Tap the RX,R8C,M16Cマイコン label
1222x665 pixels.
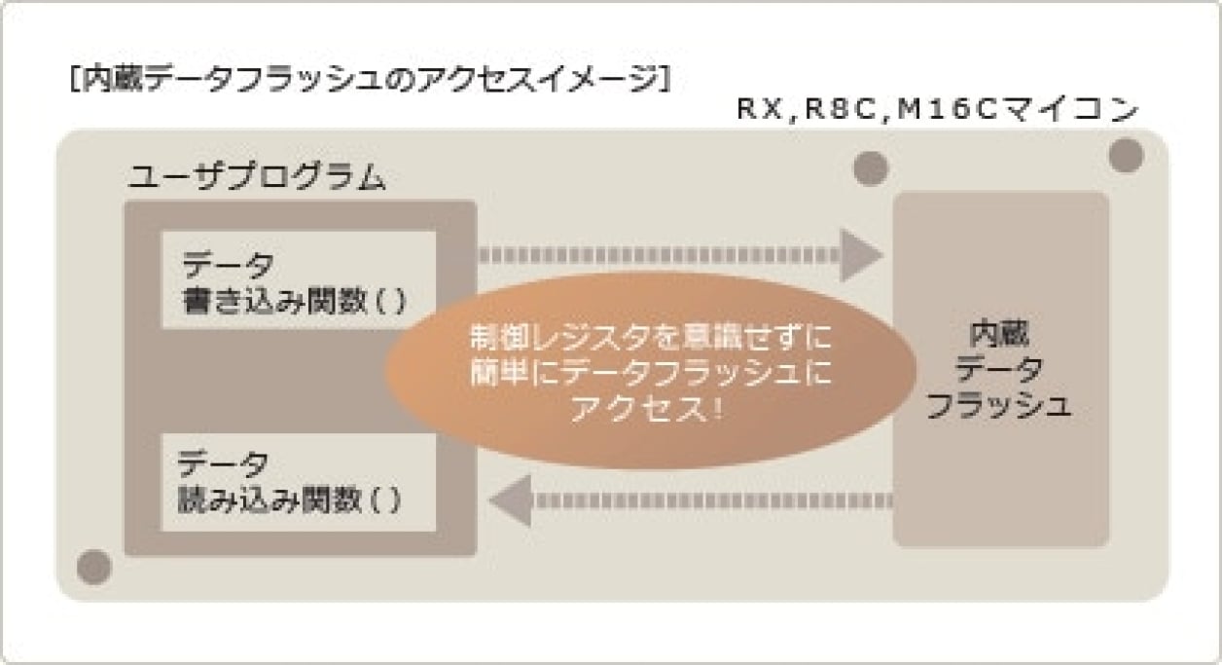936,110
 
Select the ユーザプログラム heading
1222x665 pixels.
257,178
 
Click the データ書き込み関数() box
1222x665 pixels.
299,280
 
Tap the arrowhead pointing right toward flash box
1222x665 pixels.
860,255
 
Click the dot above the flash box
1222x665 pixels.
871,168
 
